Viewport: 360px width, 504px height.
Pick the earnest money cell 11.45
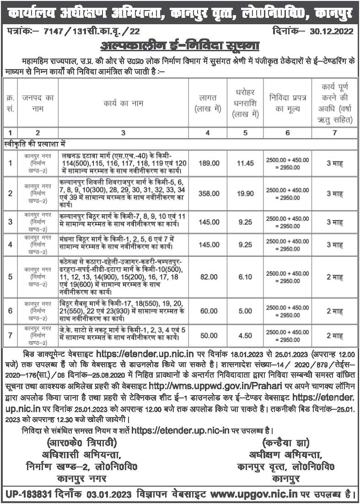point(245,162)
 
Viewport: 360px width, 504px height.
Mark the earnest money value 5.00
point(245,311)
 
